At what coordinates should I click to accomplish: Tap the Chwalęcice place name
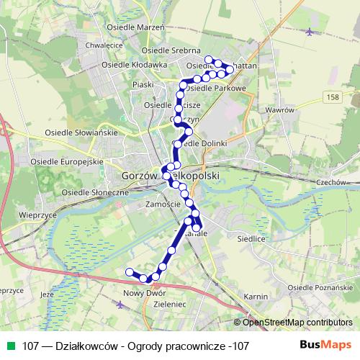[101, 45]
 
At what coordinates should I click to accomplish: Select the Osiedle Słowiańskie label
[76, 133]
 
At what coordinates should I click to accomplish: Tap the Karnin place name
[256, 297]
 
